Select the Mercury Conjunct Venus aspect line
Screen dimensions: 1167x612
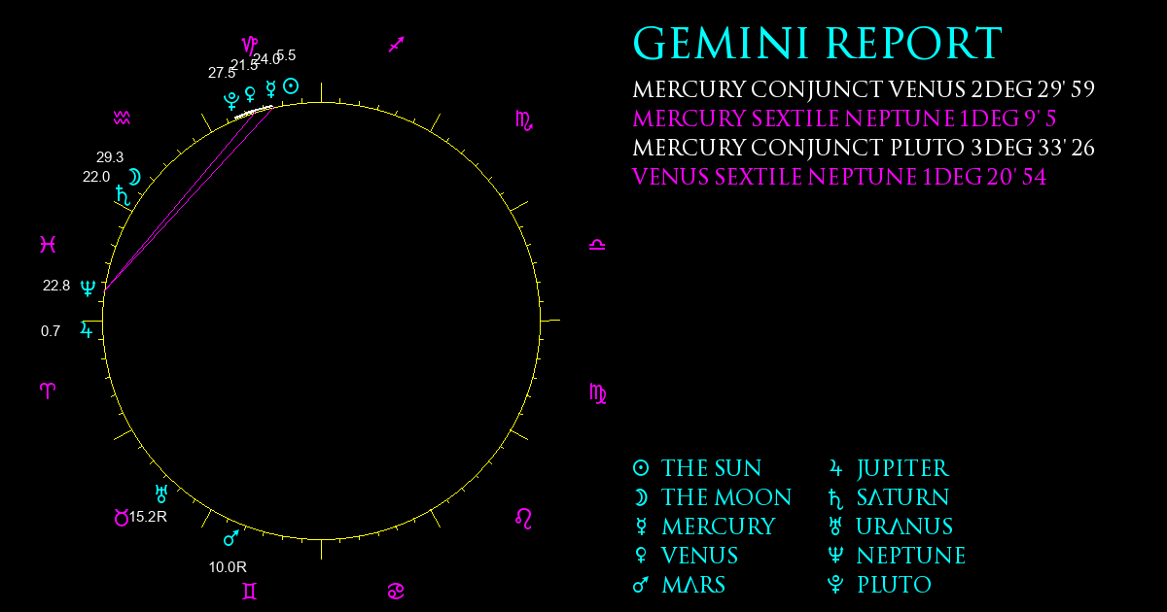[864, 89]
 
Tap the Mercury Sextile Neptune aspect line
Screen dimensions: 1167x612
[844, 119]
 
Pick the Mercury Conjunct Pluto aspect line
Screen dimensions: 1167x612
[864, 148]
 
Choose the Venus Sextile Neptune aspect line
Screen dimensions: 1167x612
[839, 177]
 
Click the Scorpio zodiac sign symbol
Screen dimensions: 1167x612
[524, 120]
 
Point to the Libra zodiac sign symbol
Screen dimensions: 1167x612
[597, 245]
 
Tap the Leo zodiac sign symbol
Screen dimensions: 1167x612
[523, 519]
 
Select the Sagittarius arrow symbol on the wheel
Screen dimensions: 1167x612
[397, 45]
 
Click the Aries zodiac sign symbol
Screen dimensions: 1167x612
[48, 391]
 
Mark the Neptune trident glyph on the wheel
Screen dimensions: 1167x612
[88, 288]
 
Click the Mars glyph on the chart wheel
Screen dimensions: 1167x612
[231, 538]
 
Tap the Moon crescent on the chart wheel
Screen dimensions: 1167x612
[134, 177]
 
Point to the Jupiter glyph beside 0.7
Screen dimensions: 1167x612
[87, 330]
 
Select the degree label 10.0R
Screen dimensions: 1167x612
[228, 567]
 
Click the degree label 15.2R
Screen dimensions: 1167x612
[148, 517]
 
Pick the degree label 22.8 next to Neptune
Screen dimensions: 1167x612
[56, 286]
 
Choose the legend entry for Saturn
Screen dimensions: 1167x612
[888, 498]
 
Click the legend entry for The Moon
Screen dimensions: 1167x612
[712, 498]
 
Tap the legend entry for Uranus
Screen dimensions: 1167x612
[891, 527]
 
